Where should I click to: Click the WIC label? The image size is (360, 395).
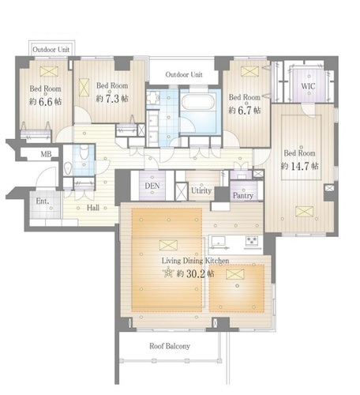tap(308, 86)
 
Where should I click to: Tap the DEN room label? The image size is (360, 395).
tap(152, 186)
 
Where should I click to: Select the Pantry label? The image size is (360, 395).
tap(243, 195)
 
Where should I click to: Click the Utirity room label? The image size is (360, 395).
tap(201, 190)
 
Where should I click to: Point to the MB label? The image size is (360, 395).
tap(46, 154)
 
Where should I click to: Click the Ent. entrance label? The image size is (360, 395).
tap(43, 201)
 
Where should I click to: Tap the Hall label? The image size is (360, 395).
tap(93, 208)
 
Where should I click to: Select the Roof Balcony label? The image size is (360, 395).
tap(170, 346)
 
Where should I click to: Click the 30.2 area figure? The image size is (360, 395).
tap(196, 274)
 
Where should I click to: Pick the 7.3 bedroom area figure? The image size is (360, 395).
tap(112, 99)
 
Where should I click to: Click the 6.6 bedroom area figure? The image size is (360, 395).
tap(46, 102)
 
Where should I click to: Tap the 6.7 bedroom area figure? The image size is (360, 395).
tap(245, 111)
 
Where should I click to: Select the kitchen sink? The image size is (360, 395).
tap(219, 241)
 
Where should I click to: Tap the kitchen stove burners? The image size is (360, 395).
tap(252, 240)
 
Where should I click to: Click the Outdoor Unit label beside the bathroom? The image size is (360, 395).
tap(184, 74)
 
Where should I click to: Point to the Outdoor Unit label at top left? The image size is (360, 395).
tap(51, 50)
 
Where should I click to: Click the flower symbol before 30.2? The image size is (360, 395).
tap(168, 273)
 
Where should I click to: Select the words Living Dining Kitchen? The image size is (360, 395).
tap(195, 261)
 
